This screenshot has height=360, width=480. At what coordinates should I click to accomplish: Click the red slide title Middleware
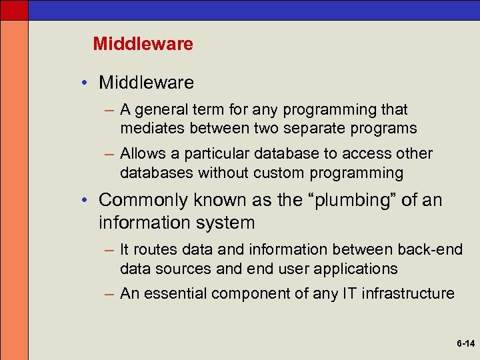(143, 44)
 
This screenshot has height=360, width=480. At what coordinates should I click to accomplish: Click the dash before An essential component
(110, 293)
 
